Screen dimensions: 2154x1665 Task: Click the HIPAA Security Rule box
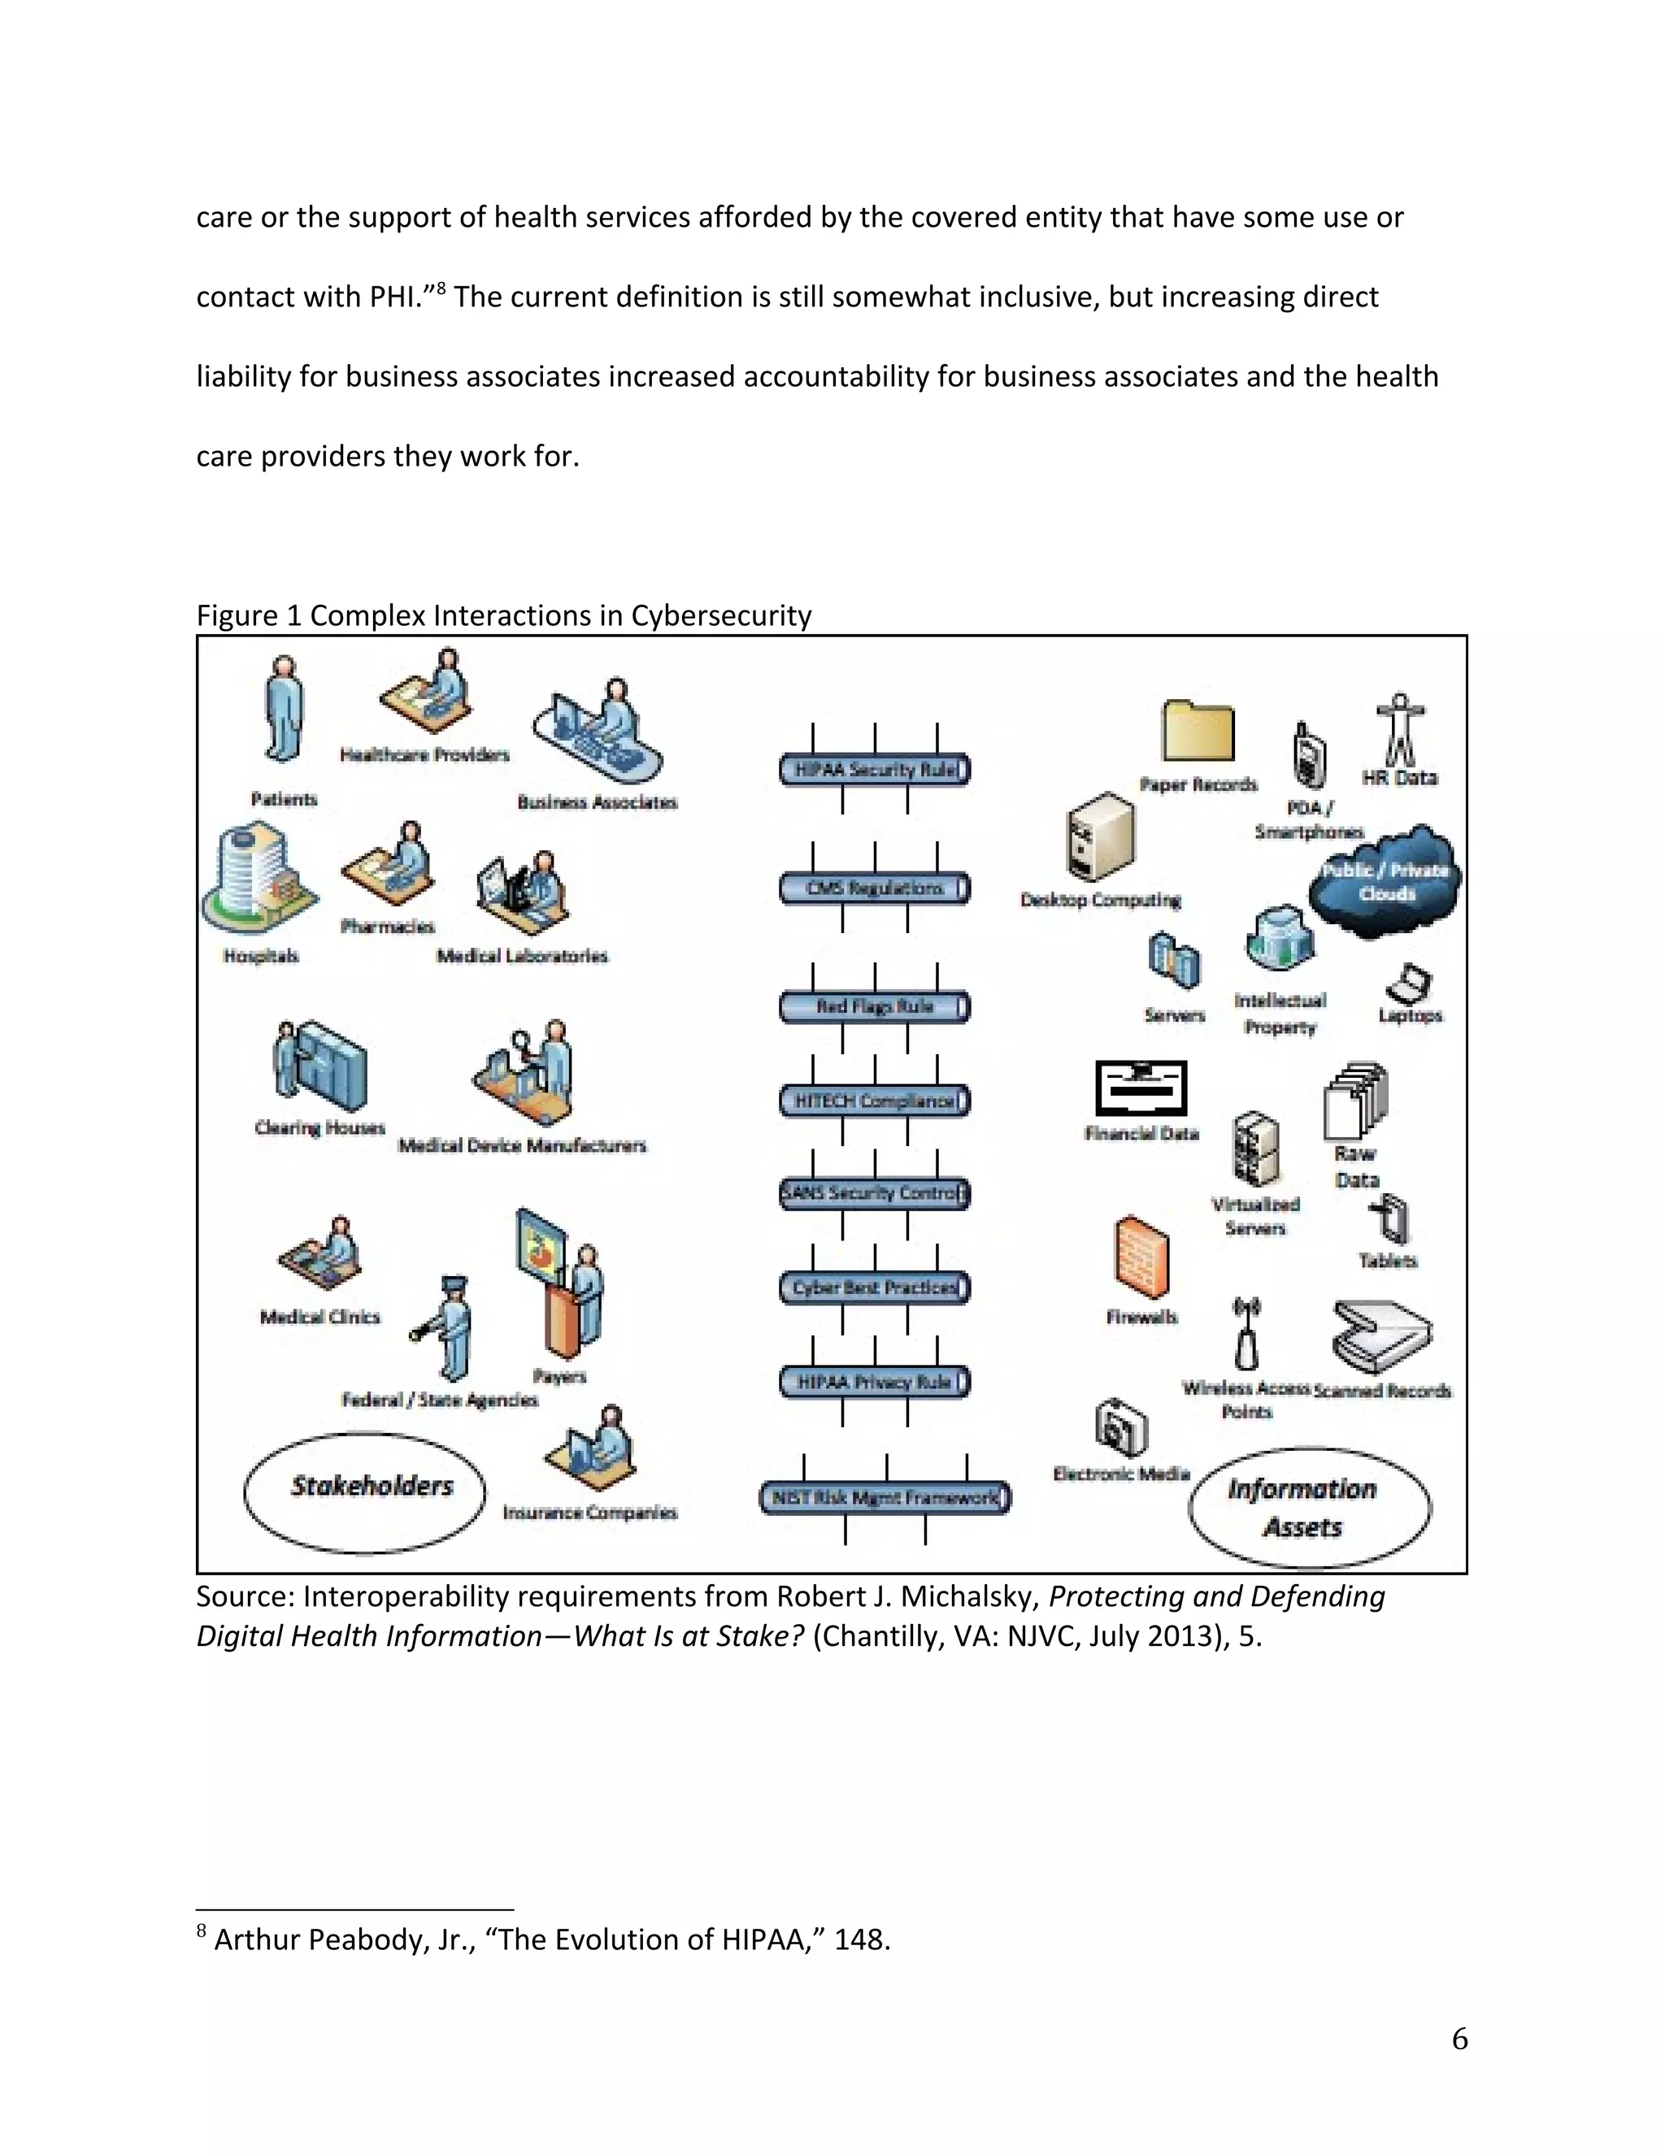874,769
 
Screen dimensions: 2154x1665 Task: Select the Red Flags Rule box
874,1007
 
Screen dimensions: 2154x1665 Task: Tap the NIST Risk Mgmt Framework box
885,1497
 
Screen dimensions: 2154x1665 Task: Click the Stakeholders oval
365,1492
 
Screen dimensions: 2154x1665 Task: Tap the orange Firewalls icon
1141,1257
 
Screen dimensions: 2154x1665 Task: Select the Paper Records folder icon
1198,731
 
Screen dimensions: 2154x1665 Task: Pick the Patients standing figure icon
283,708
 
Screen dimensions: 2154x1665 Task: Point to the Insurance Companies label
590,1513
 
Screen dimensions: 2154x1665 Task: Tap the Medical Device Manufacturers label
522,1145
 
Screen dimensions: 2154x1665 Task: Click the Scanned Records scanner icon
1381,1335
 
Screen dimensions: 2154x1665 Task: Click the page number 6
1459,2039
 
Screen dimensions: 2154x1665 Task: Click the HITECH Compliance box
874,1101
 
